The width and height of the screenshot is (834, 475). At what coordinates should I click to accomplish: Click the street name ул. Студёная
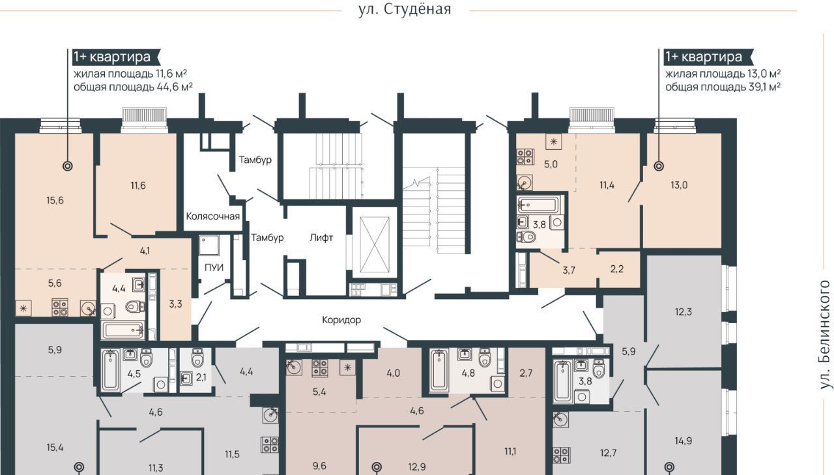405,9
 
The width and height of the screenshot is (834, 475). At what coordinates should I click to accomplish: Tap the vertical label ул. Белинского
825,335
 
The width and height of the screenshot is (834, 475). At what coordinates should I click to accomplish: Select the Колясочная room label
212,216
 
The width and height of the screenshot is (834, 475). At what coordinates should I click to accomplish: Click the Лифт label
321,237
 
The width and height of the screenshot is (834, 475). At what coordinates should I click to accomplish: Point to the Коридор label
341,320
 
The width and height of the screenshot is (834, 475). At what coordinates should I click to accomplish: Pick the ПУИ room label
214,267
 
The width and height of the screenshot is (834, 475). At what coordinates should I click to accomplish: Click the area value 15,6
55,200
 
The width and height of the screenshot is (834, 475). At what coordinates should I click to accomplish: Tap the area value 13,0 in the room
679,185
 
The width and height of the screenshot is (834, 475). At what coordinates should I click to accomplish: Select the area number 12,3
683,311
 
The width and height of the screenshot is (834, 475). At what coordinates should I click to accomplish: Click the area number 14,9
683,440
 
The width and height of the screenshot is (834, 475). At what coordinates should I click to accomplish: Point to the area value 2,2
617,268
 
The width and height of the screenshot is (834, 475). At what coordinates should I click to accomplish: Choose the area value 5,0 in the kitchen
551,164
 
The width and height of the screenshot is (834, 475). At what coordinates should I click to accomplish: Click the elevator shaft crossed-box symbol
375,245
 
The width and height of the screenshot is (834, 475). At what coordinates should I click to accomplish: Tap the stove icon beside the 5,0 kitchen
525,157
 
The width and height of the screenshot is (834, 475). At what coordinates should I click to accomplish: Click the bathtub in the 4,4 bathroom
123,330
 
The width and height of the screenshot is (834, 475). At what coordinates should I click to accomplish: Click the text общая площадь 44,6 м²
133,87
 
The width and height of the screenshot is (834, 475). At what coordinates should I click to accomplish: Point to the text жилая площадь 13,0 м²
723,74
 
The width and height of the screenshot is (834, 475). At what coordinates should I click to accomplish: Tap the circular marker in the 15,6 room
67,166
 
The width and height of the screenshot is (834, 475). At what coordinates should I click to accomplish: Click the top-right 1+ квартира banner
710,57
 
